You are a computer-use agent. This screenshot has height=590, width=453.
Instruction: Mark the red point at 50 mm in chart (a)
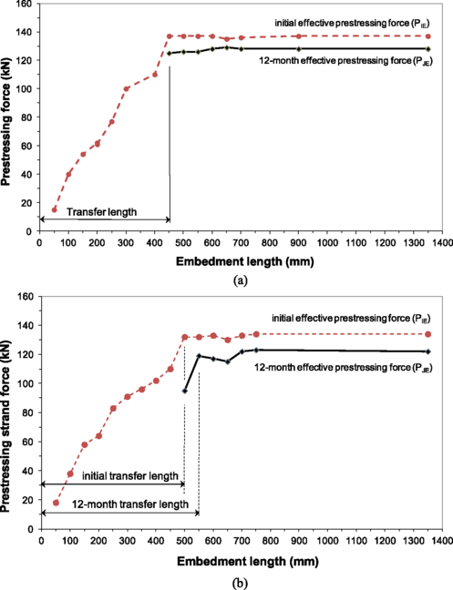tap(54, 209)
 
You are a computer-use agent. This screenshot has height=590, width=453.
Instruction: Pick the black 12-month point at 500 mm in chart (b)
tap(184, 391)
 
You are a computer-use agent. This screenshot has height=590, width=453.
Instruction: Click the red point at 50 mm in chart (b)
tap(55, 503)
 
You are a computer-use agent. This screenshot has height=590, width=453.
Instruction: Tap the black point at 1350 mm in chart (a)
tap(427, 49)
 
